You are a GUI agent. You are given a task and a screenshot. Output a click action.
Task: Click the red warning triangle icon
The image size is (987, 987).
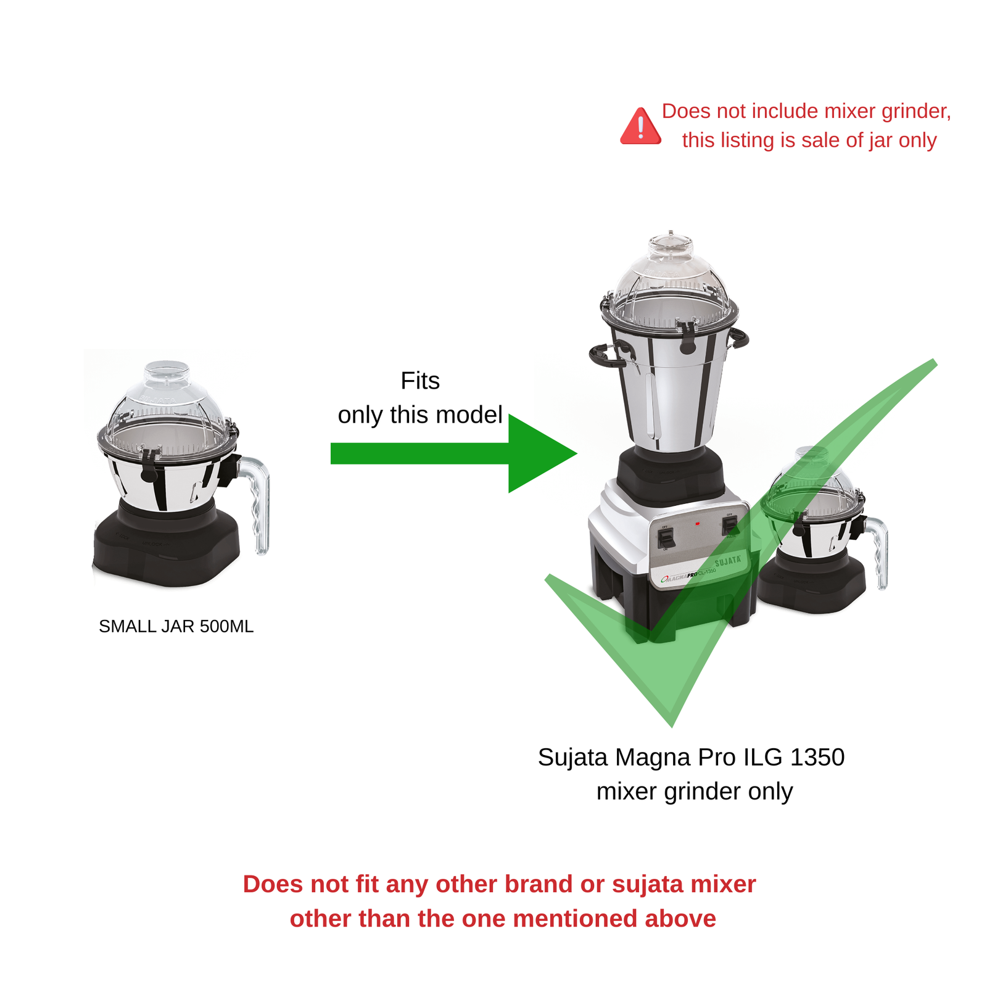(640, 127)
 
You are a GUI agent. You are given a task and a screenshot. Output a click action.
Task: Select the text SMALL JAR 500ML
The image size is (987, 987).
(176, 626)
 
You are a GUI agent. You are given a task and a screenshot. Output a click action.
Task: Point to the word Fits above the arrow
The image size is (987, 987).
(420, 381)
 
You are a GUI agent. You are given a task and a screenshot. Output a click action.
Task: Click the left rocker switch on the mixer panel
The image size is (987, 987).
(665, 538)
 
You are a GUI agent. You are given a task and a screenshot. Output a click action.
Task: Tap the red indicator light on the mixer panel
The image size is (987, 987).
(697, 524)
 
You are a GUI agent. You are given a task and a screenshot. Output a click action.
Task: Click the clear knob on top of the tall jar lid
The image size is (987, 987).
(671, 244)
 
